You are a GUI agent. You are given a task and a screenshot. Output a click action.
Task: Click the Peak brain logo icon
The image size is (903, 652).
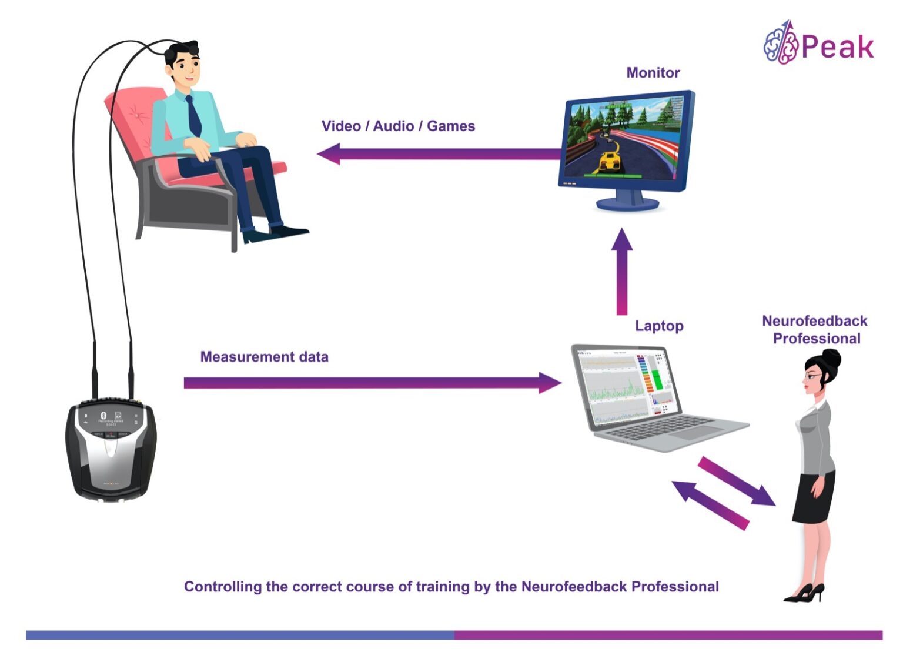(x=781, y=44)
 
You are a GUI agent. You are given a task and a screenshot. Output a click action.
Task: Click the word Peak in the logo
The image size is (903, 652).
(x=838, y=46)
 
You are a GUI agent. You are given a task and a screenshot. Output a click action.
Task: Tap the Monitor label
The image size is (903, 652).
(x=653, y=73)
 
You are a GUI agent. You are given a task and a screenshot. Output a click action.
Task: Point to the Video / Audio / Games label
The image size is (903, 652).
(x=398, y=126)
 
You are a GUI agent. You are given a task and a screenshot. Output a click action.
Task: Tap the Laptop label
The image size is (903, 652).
(x=659, y=326)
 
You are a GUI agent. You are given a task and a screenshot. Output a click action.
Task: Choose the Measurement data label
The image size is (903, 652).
(x=264, y=357)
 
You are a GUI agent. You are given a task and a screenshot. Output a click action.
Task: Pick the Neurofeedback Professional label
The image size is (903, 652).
(x=815, y=330)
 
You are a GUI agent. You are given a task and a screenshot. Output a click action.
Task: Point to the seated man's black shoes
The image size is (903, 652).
(x=276, y=233)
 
